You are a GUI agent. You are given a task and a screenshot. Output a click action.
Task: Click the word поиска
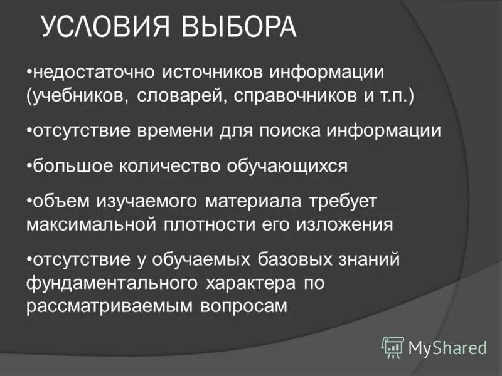294,131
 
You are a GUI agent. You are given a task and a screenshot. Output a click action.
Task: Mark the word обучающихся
294,166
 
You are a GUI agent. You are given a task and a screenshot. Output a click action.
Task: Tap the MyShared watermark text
447,347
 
